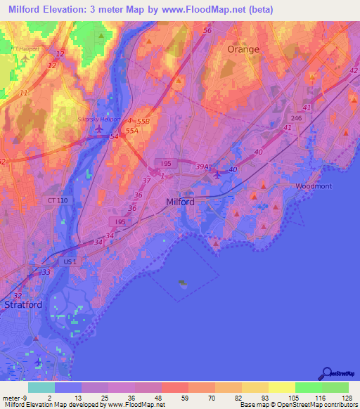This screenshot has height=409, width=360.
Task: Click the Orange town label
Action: click(x=243, y=49)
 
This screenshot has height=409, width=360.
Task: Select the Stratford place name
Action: click(x=23, y=305)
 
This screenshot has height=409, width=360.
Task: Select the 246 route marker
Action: click(x=296, y=119)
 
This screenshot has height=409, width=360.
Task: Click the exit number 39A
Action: click(x=202, y=167)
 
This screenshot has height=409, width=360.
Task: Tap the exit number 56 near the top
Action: click(x=207, y=31)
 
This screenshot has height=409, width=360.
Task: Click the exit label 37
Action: click(x=146, y=181)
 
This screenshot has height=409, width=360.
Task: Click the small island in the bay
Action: click(x=183, y=284)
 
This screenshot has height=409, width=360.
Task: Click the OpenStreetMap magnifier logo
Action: click(x=327, y=374)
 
